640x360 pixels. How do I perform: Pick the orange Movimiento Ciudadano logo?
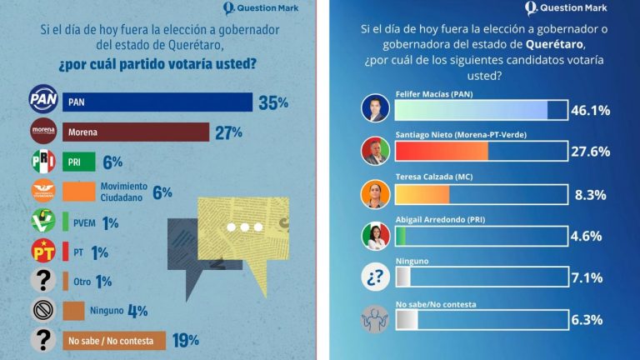point(42,192)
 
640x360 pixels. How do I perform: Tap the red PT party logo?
point(42,250)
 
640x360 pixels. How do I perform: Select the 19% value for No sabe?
point(186,339)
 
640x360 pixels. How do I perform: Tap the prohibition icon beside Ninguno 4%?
point(42,310)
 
